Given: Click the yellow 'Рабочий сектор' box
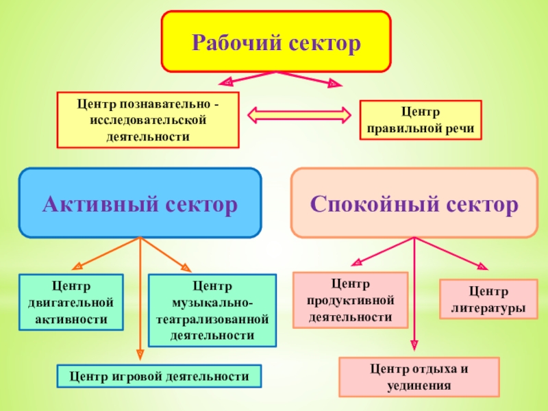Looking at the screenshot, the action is coord(275,41).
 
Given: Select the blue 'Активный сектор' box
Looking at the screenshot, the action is coord(140,203).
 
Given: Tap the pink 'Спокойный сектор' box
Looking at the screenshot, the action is coord(414,203).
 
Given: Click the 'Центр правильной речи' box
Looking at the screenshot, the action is coord(421,121).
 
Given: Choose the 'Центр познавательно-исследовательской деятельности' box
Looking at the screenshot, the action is coord(148,120).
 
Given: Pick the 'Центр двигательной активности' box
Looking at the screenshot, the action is coord(71,302).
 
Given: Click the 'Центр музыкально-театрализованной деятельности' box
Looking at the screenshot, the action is coord(212,310).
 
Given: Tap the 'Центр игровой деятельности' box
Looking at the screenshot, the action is coord(158,376).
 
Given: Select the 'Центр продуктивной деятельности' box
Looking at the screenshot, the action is coord(350,300).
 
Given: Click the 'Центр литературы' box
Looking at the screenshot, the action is coord(488,300).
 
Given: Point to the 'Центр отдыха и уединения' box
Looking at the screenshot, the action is coord(419,377).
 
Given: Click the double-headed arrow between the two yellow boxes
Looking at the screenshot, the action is coord(299,114).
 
